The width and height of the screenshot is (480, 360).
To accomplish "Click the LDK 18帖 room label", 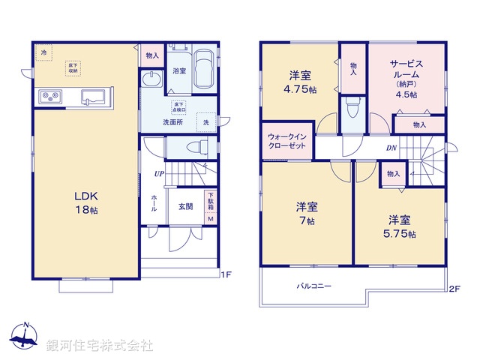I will [x=85, y=202].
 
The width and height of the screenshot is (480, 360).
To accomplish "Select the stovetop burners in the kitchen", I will [x=50, y=96].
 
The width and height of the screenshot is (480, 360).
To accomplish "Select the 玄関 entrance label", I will [x=186, y=206].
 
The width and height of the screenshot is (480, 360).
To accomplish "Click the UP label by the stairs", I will [x=159, y=175].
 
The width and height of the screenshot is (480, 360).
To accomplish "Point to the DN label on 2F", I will [x=391, y=148].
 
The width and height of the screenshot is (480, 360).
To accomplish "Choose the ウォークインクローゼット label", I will [x=286, y=141].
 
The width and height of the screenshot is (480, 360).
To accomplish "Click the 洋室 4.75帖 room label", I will [x=300, y=81].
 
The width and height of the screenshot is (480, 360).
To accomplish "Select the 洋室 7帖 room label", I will [x=305, y=214].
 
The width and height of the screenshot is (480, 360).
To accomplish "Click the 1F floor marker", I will [x=226, y=274].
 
